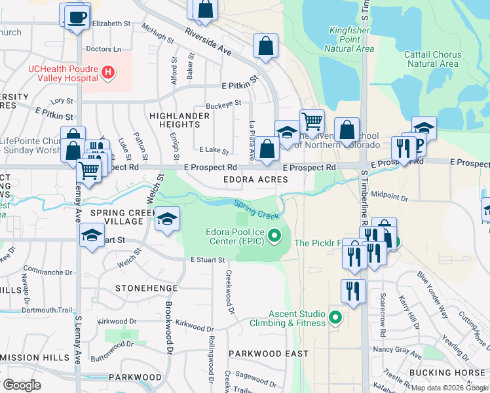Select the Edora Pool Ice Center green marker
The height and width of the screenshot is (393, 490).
(275, 234)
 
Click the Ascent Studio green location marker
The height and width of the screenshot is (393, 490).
(336, 318)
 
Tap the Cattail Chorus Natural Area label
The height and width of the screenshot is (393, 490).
(432, 59)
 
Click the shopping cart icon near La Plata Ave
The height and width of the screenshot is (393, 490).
(312, 121)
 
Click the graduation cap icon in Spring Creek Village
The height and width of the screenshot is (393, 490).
(167, 219)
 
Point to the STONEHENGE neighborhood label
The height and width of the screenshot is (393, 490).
(147, 288)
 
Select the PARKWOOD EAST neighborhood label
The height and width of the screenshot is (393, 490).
(269, 353)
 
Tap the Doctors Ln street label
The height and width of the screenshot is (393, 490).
(104, 49)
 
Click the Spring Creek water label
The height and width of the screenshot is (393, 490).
(257, 210)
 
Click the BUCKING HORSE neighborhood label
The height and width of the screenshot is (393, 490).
(449, 372)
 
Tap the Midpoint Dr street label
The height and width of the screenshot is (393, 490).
(389, 196)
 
